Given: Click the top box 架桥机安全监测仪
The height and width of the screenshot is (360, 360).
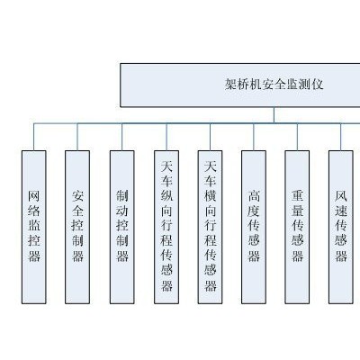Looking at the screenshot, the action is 240,85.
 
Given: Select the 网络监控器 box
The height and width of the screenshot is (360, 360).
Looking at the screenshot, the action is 34,227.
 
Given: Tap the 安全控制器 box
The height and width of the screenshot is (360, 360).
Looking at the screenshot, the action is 77,227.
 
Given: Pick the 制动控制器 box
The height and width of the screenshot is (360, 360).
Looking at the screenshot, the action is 122,227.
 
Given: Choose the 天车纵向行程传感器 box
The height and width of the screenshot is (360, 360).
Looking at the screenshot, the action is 166,227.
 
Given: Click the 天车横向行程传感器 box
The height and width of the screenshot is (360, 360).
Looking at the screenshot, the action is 210,227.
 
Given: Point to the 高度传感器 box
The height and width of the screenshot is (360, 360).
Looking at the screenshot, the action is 254,227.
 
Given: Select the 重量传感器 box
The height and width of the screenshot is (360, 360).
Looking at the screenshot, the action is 297,227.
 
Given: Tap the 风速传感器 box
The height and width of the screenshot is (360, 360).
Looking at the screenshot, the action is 341,227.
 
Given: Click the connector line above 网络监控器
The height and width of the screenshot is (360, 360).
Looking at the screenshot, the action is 34,137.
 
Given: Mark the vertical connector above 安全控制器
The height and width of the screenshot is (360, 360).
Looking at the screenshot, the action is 77,137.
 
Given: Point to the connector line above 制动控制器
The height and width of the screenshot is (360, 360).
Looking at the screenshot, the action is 122,137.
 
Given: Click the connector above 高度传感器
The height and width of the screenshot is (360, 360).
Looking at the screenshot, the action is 254,137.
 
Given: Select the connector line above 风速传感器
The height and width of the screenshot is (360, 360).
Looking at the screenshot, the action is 341,137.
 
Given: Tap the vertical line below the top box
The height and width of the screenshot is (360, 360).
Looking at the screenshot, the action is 274,115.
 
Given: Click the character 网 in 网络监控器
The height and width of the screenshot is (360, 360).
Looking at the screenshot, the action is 34,196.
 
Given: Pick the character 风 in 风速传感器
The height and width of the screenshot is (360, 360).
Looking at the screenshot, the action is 341,196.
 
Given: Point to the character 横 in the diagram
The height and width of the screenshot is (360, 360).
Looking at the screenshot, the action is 211,196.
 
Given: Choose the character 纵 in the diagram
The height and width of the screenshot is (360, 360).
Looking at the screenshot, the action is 166,196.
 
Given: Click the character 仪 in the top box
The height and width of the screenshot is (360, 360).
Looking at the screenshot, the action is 318,85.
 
